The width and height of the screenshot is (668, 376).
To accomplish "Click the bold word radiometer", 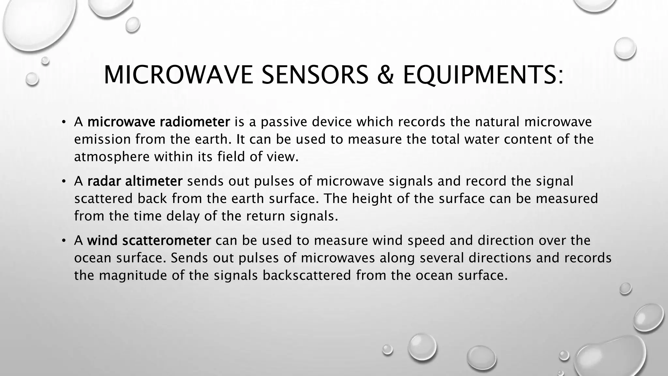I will pos(195,122).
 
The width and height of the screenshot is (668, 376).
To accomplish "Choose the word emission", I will pos(102,139).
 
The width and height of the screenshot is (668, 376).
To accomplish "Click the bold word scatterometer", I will pos(167,241).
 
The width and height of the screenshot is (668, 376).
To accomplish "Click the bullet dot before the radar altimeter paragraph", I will pos(64,181).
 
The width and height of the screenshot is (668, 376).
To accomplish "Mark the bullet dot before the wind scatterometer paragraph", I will pos(64,241).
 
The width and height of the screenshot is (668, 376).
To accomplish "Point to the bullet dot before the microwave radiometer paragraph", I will pos(64,122).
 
